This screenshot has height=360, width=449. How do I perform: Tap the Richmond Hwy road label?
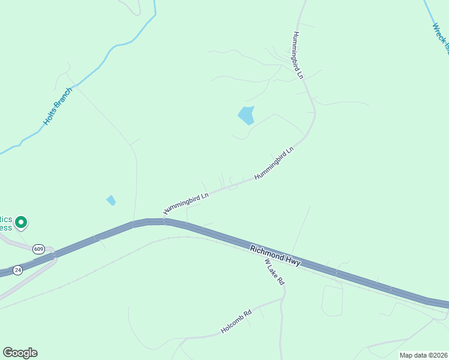point(276,255)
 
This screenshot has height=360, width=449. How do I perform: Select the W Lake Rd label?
point(273,272)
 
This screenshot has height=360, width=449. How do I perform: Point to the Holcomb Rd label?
point(236,321)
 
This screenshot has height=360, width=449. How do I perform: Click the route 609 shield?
point(39,248)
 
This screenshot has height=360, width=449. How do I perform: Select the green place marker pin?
point(21,223)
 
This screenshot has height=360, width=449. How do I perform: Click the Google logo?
point(20,352)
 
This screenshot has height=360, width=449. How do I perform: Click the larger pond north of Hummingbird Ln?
point(246,115)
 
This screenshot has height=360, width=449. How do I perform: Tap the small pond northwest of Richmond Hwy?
point(111,200)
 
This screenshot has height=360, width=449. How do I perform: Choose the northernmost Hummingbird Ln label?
point(298,56)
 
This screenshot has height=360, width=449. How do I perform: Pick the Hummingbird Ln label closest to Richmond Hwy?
point(186,203)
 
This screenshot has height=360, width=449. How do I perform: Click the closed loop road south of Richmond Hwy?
point(331,300)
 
